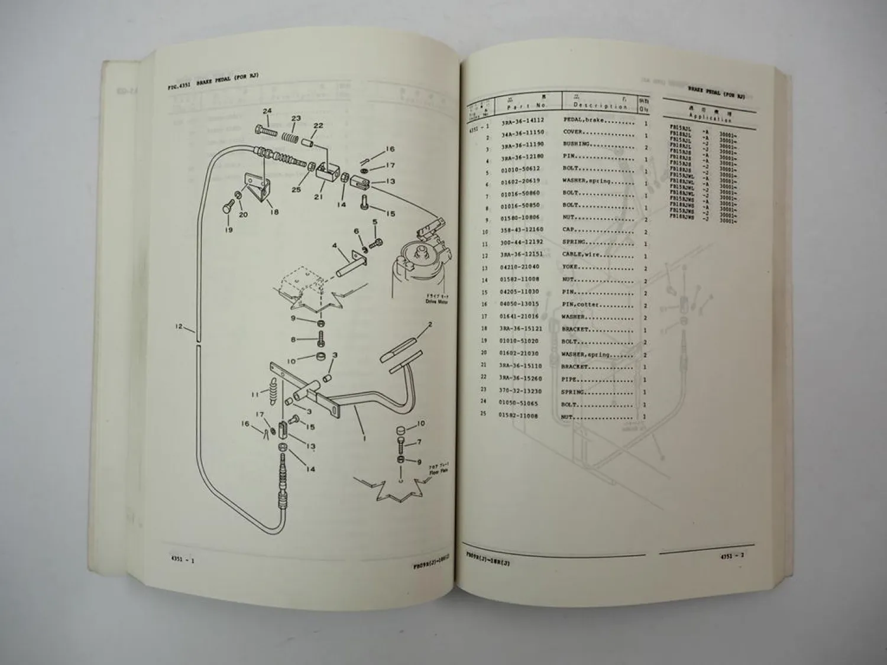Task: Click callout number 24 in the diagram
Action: coord(267,111)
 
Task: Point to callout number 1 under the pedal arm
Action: coord(364,439)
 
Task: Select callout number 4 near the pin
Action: coord(334,245)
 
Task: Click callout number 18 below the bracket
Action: coord(274,212)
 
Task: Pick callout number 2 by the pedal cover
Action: coord(430,325)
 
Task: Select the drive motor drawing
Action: coord(417,269)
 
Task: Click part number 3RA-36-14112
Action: coord(523,120)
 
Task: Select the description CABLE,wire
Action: coord(582,255)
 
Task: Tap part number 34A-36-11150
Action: coord(523,132)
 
